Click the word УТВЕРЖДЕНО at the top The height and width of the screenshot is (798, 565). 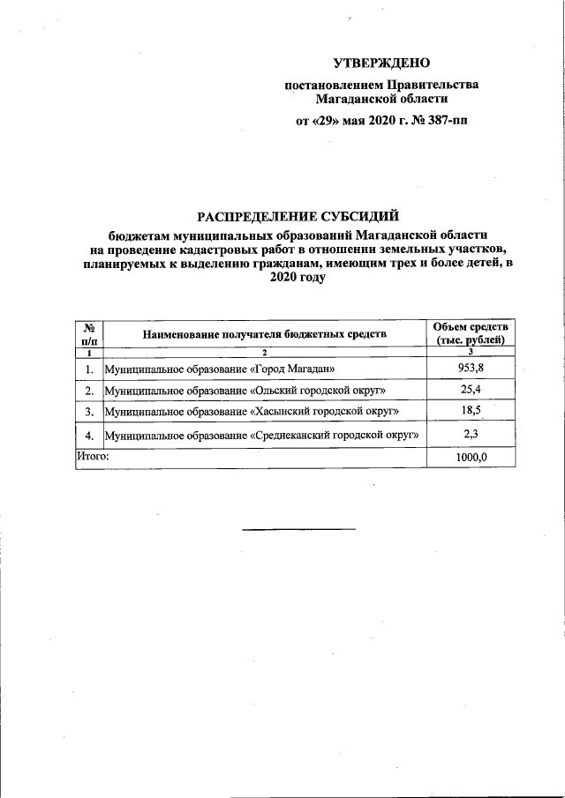point(381,63)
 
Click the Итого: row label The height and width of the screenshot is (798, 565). point(92,457)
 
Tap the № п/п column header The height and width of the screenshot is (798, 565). point(88,333)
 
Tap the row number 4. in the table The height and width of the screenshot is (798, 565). point(88,436)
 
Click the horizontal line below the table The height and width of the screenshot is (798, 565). point(298,528)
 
